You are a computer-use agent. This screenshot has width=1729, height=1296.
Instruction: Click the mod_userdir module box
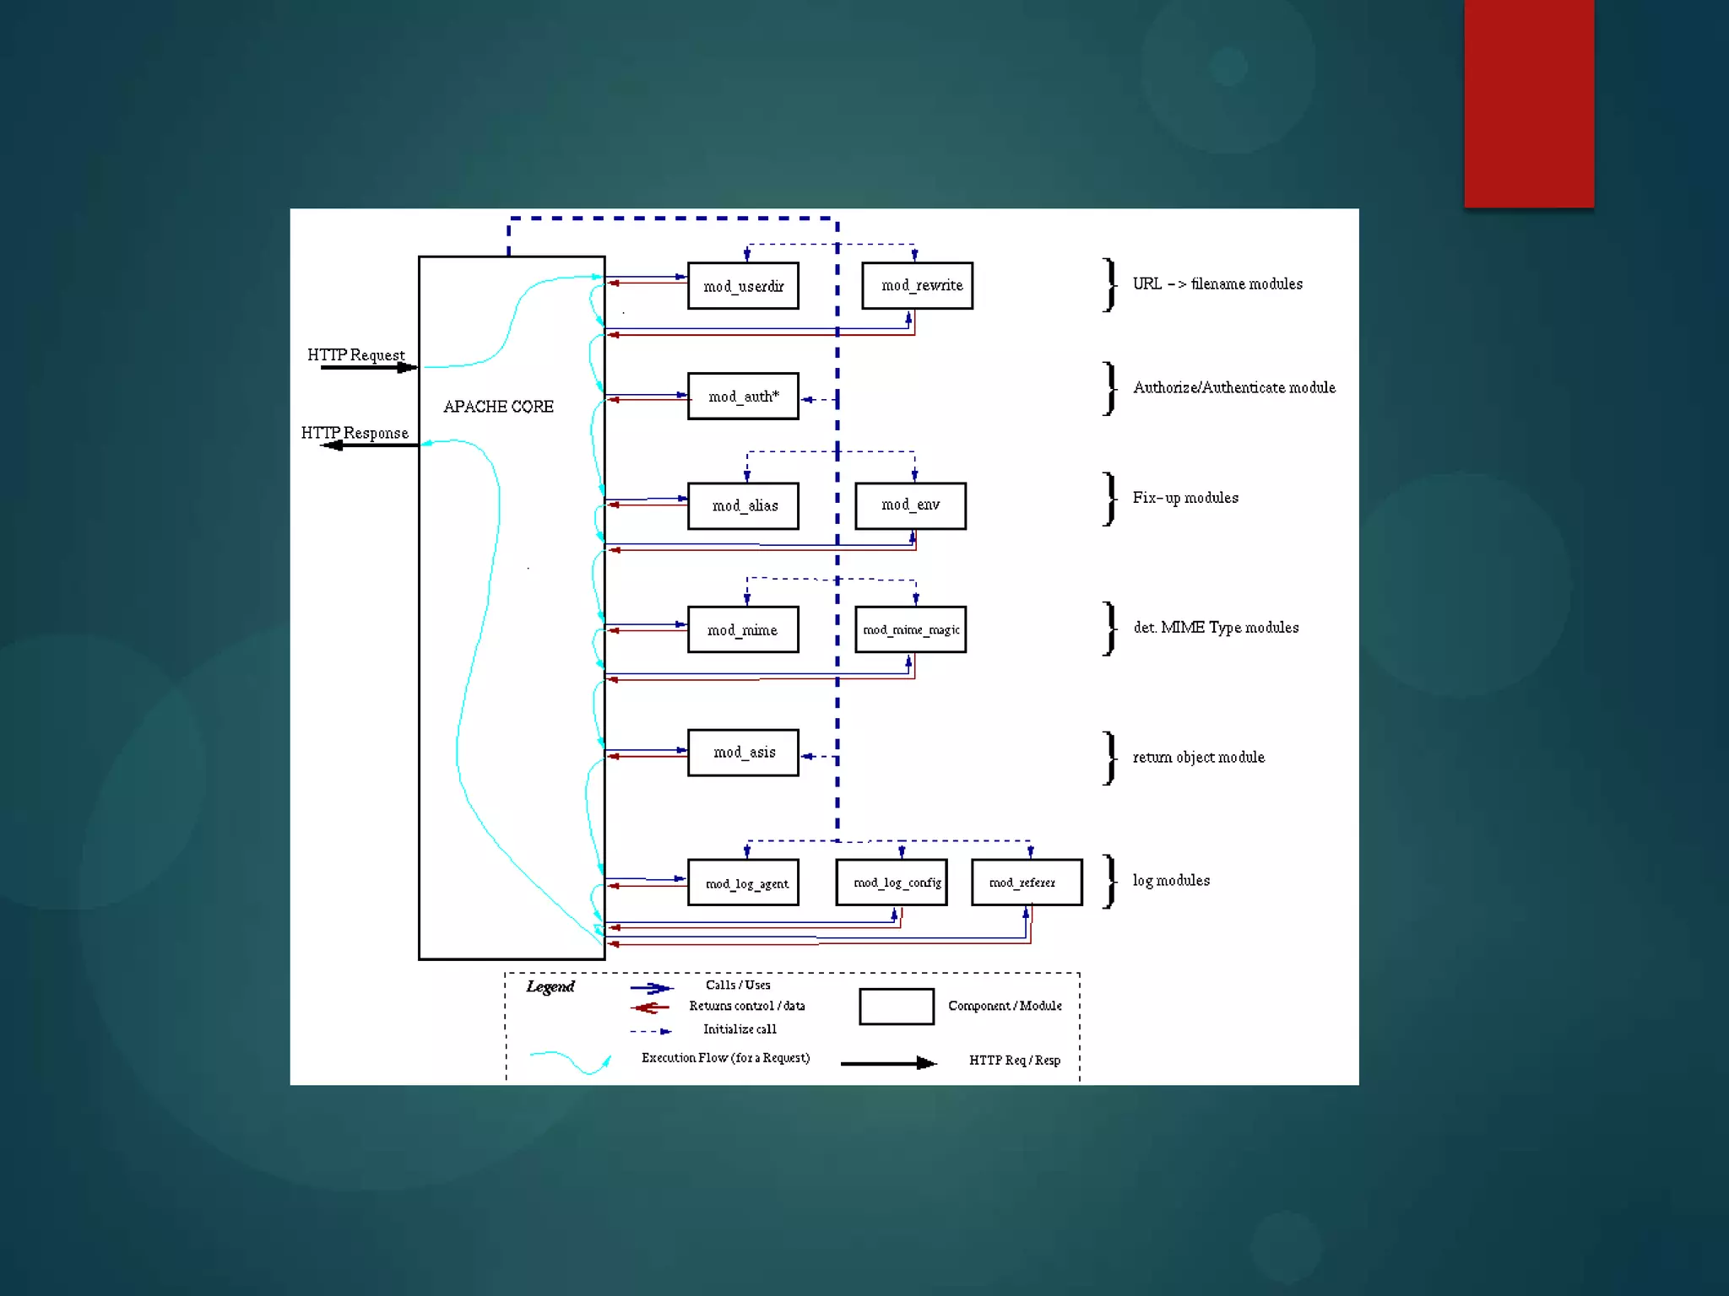click(743, 286)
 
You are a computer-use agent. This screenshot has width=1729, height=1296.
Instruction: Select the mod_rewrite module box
click(917, 286)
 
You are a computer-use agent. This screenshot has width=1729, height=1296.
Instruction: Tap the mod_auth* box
click(743, 396)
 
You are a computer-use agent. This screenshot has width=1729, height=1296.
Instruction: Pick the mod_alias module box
click(743, 505)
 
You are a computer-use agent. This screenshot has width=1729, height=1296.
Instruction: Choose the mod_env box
click(910, 505)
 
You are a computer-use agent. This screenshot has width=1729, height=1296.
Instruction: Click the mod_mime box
click(743, 629)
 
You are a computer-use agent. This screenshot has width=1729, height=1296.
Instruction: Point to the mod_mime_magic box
click(910, 629)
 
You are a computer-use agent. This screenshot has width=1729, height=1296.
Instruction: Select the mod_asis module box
click(743, 752)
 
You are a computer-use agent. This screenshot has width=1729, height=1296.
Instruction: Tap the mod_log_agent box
click(743, 883)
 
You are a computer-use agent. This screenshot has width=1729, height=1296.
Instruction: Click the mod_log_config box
click(892, 883)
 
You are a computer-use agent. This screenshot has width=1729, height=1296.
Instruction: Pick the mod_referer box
click(1027, 883)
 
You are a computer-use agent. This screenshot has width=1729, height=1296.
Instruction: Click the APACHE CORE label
click(498, 407)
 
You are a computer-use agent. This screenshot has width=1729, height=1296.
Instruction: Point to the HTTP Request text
click(355, 355)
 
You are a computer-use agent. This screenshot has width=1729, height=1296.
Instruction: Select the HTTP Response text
click(355, 433)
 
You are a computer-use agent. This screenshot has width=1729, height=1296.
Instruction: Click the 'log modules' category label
click(1171, 880)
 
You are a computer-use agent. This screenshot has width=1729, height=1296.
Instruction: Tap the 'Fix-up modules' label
click(1185, 498)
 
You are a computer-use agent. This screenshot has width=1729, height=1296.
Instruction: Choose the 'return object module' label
click(1198, 757)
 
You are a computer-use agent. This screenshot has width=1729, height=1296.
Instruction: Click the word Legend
click(550, 986)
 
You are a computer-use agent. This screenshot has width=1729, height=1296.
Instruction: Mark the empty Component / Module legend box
click(897, 1007)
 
